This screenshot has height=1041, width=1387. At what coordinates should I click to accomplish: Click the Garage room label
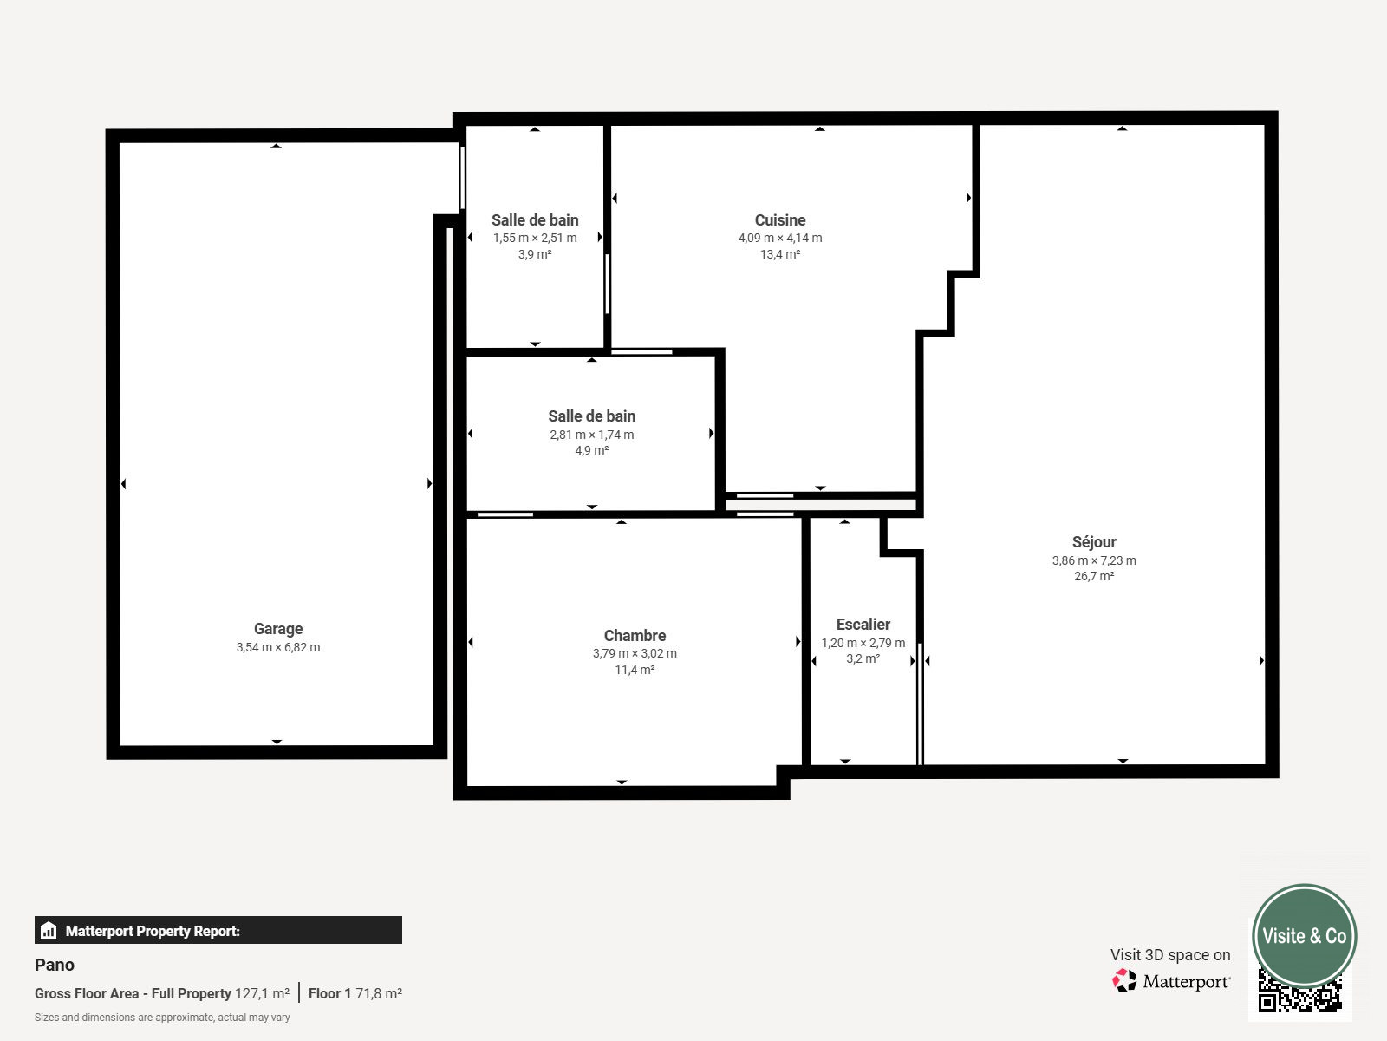(x=278, y=629)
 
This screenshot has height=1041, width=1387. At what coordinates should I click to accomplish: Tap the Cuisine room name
(x=779, y=220)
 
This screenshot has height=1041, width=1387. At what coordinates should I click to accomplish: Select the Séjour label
(x=1094, y=542)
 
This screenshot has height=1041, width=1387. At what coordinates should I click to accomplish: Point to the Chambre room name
(x=635, y=635)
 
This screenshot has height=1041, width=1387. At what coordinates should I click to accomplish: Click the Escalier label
(x=863, y=625)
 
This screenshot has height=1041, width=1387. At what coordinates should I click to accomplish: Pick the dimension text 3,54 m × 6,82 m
(x=278, y=647)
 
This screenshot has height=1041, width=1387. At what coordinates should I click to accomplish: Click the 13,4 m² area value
(x=779, y=254)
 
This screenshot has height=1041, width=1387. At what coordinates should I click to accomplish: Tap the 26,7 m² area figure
(x=1094, y=576)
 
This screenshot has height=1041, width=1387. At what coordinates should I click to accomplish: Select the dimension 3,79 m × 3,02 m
(x=635, y=653)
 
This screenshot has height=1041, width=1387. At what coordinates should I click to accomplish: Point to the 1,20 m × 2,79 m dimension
(x=863, y=643)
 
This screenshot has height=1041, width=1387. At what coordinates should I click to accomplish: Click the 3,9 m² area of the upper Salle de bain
(x=535, y=254)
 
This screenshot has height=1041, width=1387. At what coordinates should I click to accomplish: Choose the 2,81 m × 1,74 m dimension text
(x=591, y=435)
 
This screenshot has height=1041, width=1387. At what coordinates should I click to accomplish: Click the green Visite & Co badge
(x=1305, y=935)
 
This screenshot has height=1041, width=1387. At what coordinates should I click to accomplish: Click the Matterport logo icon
(x=1124, y=980)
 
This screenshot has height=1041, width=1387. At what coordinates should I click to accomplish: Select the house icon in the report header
(x=49, y=930)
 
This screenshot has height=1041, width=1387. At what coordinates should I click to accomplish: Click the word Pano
(x=55, y=965)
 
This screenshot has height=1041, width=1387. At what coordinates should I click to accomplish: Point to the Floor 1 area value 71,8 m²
(x=379, y=993)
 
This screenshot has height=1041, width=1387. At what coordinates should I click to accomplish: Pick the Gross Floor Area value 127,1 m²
(x=263, y=993)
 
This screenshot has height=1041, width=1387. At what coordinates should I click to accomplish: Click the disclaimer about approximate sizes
(x=162, y=1018)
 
